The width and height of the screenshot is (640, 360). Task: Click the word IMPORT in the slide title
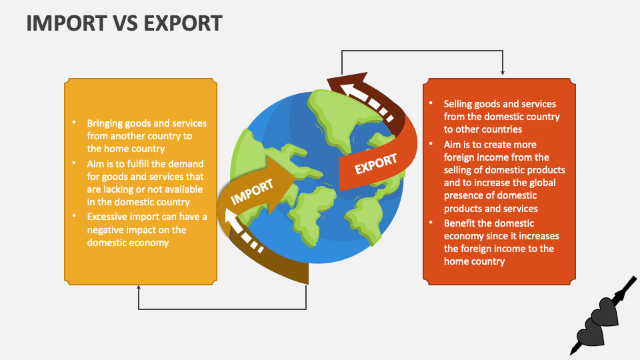click(x=67, y=23)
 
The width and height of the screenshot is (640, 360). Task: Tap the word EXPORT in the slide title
click(x=183, y=23)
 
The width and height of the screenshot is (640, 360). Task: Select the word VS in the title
click(x=125, y=23)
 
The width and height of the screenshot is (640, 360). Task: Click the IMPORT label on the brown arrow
click(x=252, y=191)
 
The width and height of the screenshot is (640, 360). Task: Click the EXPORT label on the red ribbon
click(x=376, y=164)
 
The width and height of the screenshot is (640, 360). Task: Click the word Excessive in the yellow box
click(x=106, y=217)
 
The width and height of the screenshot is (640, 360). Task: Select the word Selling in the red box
click(x=459, y=104)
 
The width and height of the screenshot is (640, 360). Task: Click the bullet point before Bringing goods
click(x=74, y=122)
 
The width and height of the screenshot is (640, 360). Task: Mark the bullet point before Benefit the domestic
click(x=431, y=223)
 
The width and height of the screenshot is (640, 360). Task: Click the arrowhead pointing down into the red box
click(x=503, y=73)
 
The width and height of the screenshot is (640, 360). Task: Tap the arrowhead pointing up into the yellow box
click(x=139, y=287)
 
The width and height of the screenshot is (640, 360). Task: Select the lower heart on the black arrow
click(x=591, y=331)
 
